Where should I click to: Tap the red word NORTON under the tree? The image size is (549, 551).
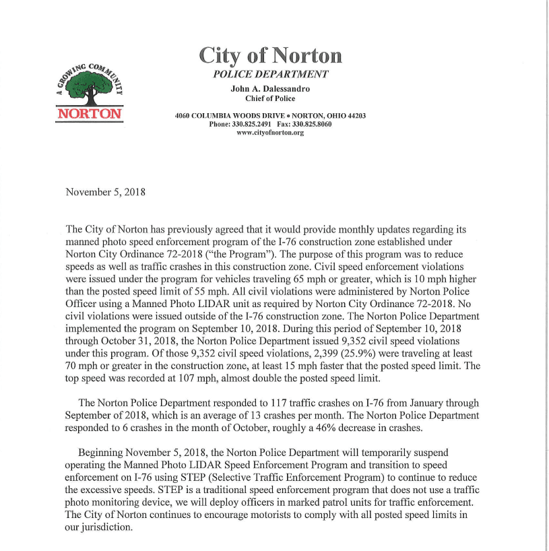point(90,113)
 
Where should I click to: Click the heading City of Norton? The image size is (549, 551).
point(270,55)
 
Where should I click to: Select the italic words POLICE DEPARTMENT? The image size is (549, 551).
point(270,75)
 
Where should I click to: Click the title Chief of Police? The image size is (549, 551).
point(270,98)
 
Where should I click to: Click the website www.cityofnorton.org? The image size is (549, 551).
point(270,133)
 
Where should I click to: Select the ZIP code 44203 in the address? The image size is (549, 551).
point(355,116)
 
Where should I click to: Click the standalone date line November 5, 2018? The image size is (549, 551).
point(105,192)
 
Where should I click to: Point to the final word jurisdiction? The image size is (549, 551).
point(106,528)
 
